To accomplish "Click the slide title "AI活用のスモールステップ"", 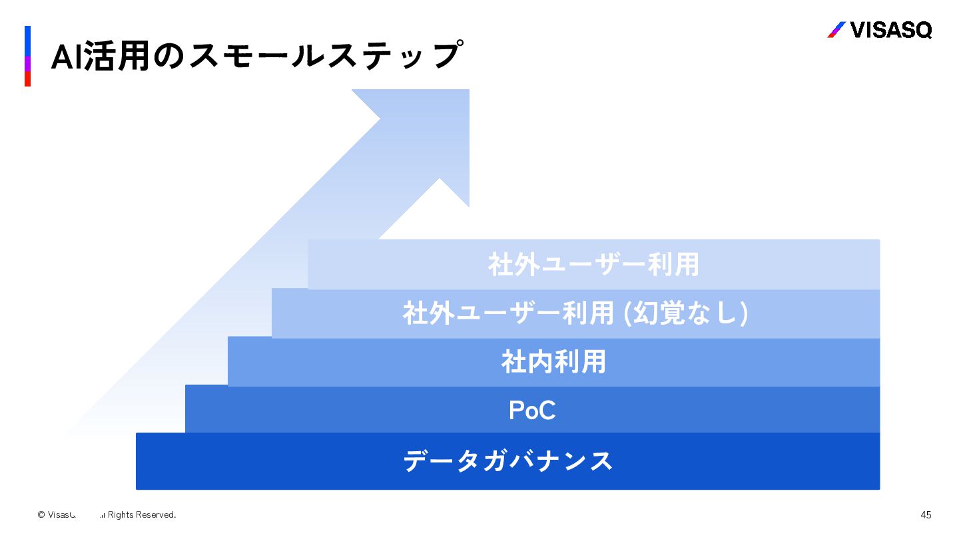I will (x=256, y=56).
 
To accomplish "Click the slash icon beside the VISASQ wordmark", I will (x=836, y=30).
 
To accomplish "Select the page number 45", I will (x=926, y=514).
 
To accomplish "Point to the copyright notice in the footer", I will (x=107, y=514).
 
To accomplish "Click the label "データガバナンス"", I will (x=507, y=461).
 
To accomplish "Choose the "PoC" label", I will (x=532, y=411).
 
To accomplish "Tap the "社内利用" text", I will (x=553, y=363).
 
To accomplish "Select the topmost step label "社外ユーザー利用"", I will (x=593, y=264).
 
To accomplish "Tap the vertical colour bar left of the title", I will (x=28, y=56).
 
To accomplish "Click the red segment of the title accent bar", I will (x=28, y=79).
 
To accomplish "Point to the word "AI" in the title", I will (x=67, y=57).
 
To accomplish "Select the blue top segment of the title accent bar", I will (x=28, y=40).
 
